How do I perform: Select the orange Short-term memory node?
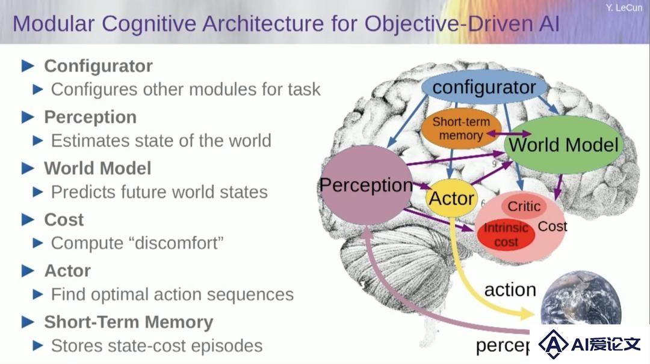[461, 129]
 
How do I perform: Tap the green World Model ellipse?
[564, 145]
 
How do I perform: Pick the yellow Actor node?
[451, 198]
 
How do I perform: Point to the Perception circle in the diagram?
[366, 185]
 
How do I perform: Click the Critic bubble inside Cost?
[524, 206]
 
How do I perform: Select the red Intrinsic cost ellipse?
[506, 235]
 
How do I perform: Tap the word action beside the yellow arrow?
[510, 290]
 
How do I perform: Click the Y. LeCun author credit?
[624, 7]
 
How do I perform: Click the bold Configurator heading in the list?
[98, 66]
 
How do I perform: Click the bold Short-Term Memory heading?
[129, 322]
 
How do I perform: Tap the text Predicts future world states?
[159, 192]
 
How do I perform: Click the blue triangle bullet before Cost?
[28, 220]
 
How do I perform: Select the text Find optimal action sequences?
[172, 294]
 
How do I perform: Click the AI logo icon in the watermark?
[554, 344]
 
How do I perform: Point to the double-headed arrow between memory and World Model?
[509, 133]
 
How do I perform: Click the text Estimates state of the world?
[161, 141]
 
